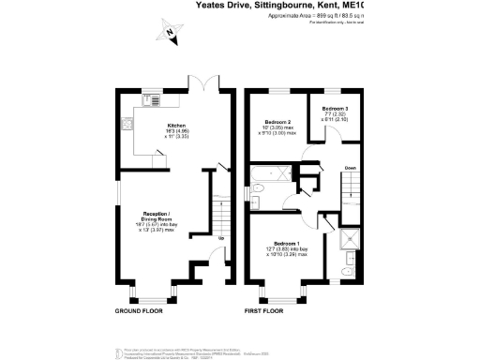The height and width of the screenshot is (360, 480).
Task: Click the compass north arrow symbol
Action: (169, 35)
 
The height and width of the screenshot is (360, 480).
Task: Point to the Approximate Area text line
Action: (327, 16)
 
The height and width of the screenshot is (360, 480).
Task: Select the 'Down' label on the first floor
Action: (350, 169)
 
